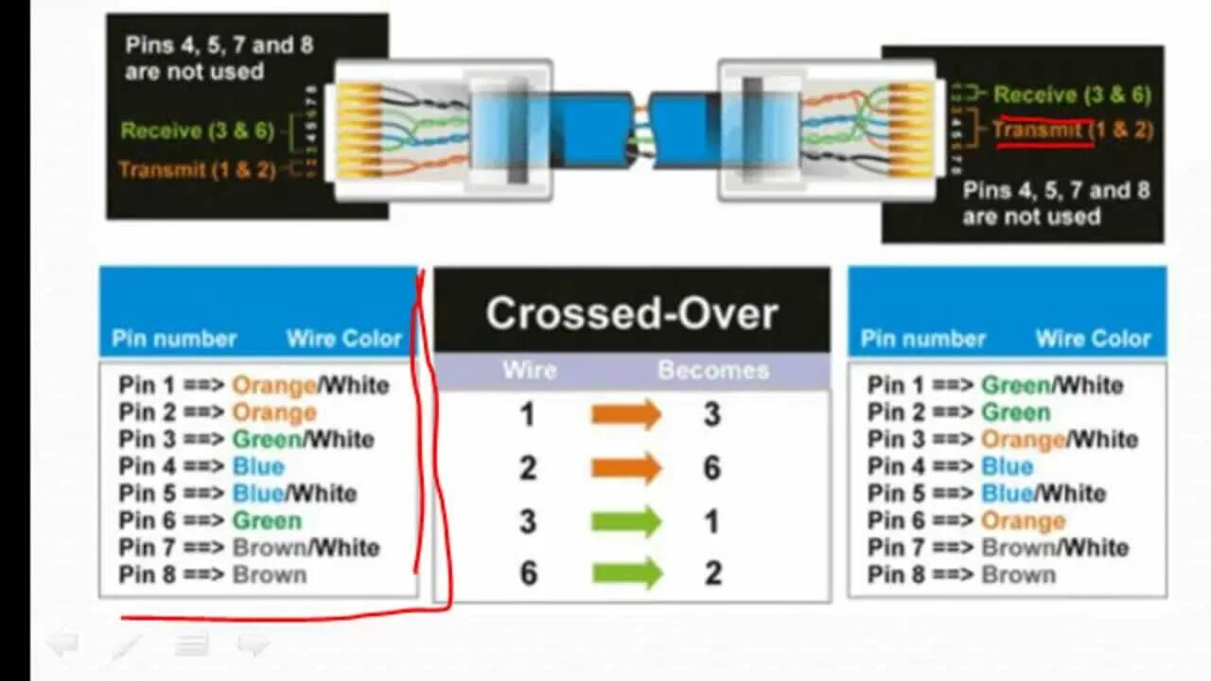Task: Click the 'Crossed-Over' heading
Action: [x=631, y=314]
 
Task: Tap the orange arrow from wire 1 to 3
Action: [x=625, y=414]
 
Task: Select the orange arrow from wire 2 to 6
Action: [x=625, y=467]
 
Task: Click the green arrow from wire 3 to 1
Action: [x=625, y=521]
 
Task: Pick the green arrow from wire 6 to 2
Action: [x=625, y=572]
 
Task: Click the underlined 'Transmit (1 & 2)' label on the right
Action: [x=1072, y=131]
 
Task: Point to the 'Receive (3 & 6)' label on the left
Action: [x=197, y=131]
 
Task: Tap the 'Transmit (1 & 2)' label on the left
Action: [x=197, y=169]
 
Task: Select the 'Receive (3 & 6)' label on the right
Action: [x=1072, y=95]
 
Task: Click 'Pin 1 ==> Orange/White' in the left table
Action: [x=254, y=385]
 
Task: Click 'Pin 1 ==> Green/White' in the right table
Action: [x=995, y=385]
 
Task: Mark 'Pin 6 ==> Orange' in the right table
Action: [x=966, y=520]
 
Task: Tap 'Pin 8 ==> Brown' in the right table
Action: [x=961, y=574]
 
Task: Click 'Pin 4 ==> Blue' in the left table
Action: [x=202, y=466]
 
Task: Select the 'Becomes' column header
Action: [x=712, y=370]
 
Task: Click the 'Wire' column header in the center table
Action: [x=529, y=370]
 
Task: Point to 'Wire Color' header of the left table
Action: [x=344, y=339]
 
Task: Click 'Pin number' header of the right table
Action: [x=922, y=339]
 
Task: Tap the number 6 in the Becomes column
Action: [x=711, y=467]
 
